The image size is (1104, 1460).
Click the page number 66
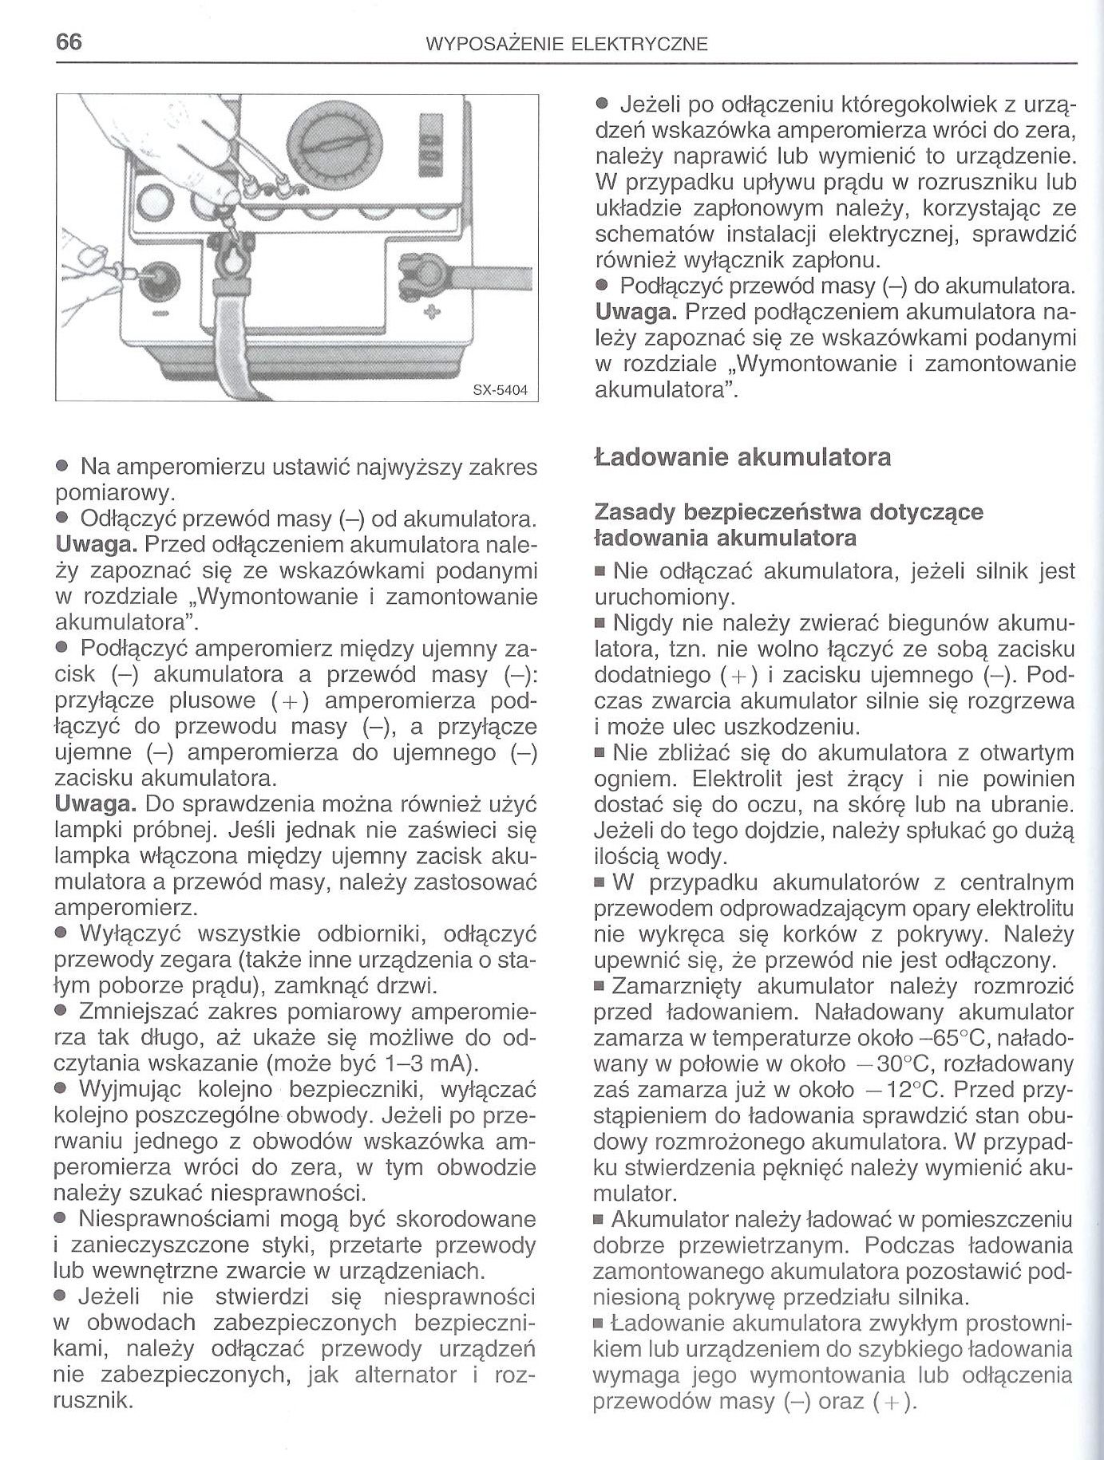pyautogui.click(x=69, y=42)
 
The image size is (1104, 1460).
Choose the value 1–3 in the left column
pyautogui.click(x=402, y=1064)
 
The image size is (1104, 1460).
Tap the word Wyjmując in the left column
pyautogui.click(x=130, y=1090)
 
